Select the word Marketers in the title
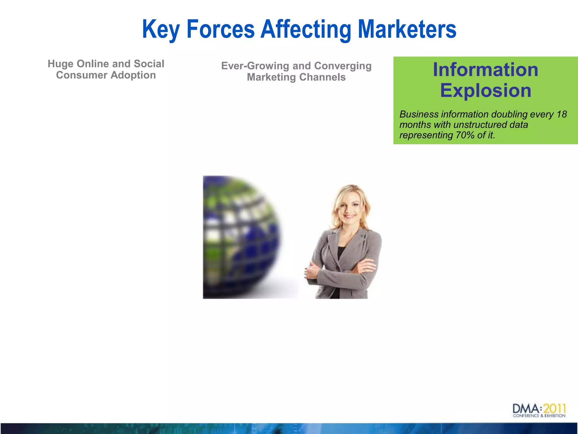coord(407,29)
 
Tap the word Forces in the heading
coord(220,29)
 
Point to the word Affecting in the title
coord(306,29)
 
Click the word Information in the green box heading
coord(485,70)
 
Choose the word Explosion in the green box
coord(485,90)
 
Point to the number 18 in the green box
coord(561,114)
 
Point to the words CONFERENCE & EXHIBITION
coord(539,416)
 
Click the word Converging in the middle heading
coord(343,66)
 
